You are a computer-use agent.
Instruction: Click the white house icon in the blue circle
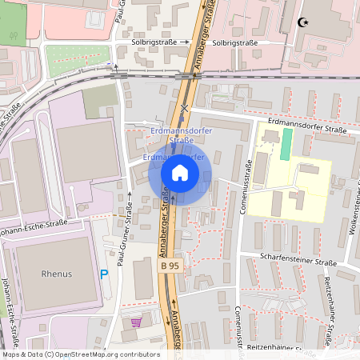(x=179, y=172)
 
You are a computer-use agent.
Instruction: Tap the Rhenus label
(x=56, y=274)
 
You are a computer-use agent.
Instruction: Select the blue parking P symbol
(x=104, y=274)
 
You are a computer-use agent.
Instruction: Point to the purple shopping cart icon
(x=137, y=323)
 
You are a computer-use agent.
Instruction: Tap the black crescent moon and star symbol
(x=302, y=22)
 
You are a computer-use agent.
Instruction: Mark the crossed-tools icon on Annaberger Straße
(x=185, y=108)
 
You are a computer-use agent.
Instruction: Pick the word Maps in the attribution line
(x=11, y=354)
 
